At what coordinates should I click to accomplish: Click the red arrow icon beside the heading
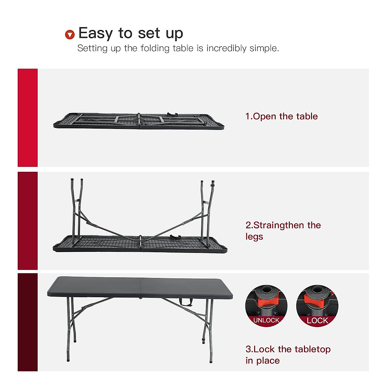(x=70, y=34)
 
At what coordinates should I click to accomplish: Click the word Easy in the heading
(x=96, y=33)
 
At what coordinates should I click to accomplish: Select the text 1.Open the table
(x=281, y=116)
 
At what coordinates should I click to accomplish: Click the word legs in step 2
(x=254, y=237)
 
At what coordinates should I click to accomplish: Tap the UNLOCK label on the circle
(x=266, y=320)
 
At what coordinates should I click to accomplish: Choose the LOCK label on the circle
(x=317, y=320)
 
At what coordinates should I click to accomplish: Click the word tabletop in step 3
(x=312, y=349)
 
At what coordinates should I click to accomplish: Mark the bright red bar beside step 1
(x=28, y=118)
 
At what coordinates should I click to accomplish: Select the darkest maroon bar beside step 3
(x=28, y=322)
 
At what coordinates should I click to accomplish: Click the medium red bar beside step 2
(x=28, y=221)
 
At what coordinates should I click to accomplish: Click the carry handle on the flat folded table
(x=172, y=115)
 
